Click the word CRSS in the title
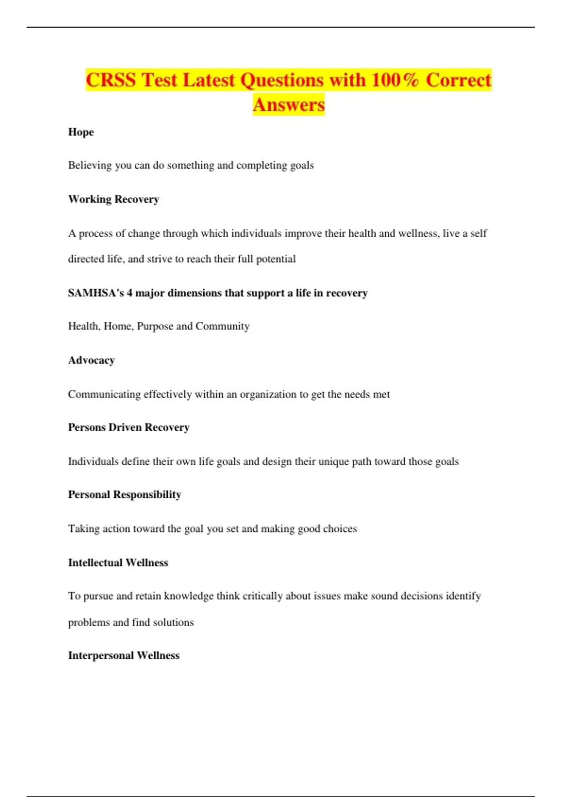111,80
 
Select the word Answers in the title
288,105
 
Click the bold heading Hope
81,132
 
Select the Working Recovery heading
114,199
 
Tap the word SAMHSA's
96,293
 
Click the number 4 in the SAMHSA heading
130,293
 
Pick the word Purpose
155,326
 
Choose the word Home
117,326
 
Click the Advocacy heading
91,361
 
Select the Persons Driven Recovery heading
129,428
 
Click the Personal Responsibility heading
125,495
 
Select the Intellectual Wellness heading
118,563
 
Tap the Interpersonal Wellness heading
124,655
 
